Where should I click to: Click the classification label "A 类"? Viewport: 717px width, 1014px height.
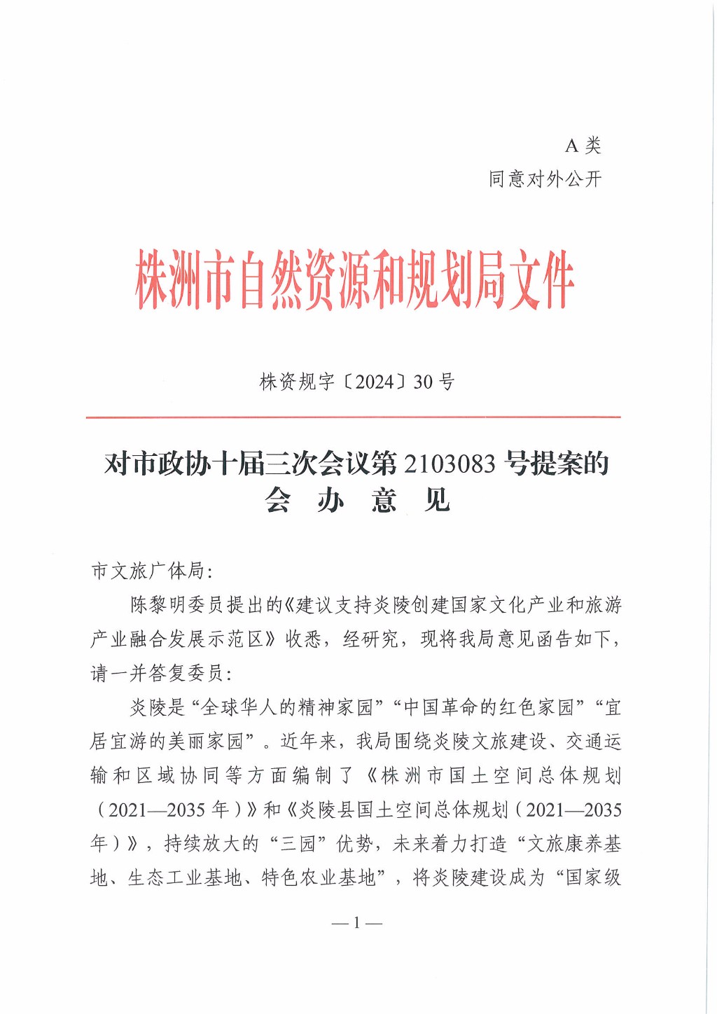[x=583, y=146]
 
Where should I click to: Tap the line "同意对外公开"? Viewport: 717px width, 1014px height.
[x=545, y=179]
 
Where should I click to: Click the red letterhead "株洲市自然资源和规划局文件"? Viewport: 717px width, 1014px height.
[x=355, y=280]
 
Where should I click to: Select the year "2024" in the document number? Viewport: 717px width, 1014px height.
[x=375, y=382]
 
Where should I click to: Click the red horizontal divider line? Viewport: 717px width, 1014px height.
[x=354, y=417]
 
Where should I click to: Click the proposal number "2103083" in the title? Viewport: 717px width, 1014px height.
[x=450, y=464]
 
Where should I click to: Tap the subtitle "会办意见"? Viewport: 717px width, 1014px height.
[x=357, y=500]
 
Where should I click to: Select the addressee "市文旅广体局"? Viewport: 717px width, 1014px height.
[x=147, y=571]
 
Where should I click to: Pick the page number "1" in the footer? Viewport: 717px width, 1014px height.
[x=357, y=923]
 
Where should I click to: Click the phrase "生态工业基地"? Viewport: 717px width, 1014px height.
[x=184, y=878]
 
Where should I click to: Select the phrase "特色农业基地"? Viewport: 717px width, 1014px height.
[x=319, y=878]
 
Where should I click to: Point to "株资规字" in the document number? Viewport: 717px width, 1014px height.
[x=297, y=382]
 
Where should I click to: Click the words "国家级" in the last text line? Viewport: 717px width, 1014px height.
[x=593, y=878]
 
